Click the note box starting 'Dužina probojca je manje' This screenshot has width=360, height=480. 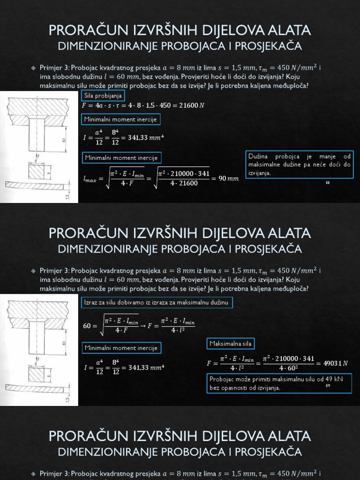coord(299,164)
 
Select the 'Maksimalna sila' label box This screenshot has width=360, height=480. coord(230,344)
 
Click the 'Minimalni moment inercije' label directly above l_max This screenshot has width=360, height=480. coord(121,157)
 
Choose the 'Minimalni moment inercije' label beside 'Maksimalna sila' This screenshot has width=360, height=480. coord(121,348)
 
